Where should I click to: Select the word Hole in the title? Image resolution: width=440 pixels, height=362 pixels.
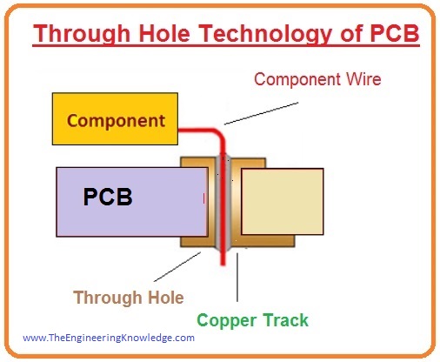[x=164, y=33]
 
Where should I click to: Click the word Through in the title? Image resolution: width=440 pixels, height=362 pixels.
[x=82, y=34]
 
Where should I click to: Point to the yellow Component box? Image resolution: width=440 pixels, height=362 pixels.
[x=115, y=118]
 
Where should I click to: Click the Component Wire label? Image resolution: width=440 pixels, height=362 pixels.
[x=317, y=79]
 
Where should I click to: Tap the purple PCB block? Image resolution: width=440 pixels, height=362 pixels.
[x=132, y=202]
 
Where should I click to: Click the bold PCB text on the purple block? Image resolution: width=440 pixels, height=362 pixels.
[x=108, y=197]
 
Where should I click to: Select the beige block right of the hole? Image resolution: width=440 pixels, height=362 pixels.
[x=283, y=202]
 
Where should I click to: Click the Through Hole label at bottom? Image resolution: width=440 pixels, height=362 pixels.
[x=129, y=298]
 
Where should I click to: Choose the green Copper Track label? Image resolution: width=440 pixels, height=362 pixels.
[x=252, y=320]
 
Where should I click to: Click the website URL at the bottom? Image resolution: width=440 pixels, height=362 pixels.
[x=109, y=338]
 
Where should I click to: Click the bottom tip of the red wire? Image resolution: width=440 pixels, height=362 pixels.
[x=223, y=265]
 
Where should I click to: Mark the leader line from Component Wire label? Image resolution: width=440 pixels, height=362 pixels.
[x=261, y=113]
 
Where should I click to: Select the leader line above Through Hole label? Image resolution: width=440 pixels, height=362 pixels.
[x=177, y=267]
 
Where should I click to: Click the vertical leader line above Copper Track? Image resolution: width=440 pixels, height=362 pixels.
[x=237, y=278]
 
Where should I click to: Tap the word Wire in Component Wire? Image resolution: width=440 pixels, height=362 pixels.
[x=363, y=79]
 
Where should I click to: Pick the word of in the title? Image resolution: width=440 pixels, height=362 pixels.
[x=352, y=33]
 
